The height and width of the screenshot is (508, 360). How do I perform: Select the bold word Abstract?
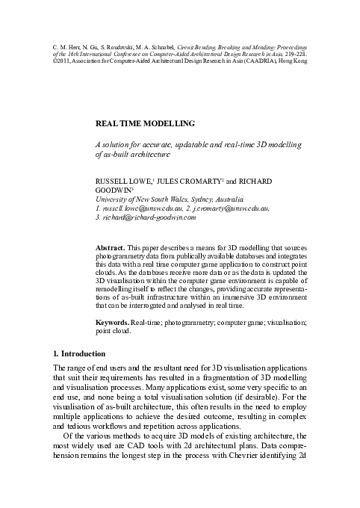point(112,245)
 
